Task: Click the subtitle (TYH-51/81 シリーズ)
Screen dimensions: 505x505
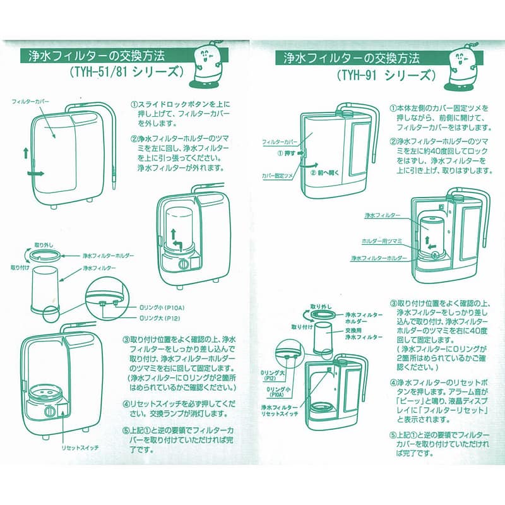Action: tap(127, 71)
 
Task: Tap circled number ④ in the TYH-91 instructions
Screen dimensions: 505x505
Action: tap(393, 383)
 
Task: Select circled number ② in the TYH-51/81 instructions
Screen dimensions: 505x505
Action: tap(134, 138)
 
